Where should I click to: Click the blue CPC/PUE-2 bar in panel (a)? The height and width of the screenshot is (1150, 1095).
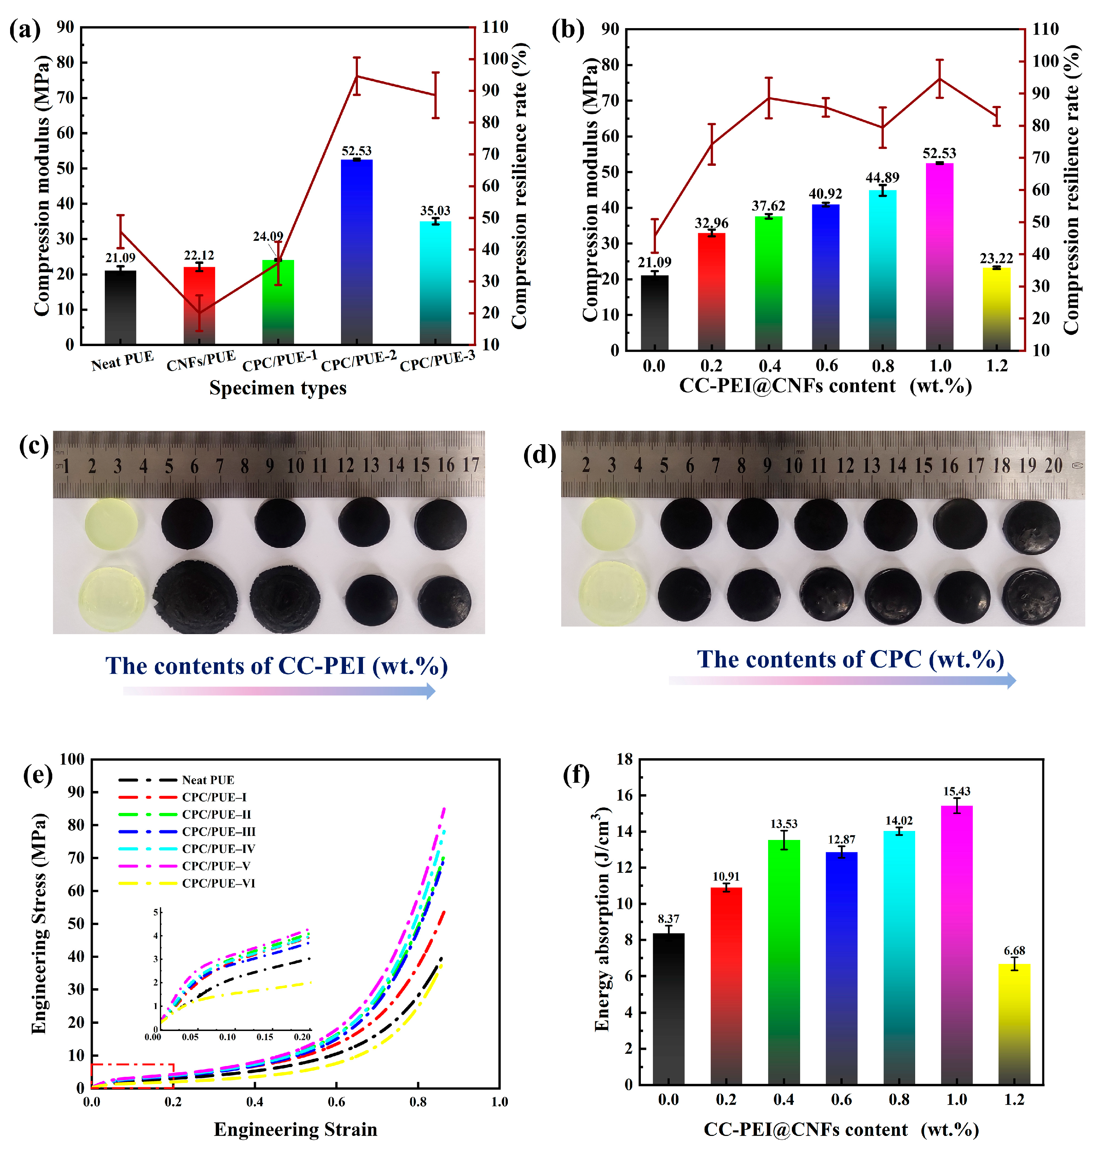tap(356, 251)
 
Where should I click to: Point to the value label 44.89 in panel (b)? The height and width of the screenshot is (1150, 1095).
tap(882, 177)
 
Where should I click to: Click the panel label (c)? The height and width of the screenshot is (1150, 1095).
tap(33, 447)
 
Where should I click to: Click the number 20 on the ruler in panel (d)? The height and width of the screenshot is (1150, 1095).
tap(1053, 465)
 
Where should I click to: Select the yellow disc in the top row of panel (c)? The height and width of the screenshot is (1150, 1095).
tap(111, 524)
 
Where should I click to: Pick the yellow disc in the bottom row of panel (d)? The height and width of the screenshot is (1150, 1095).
tap(612, 594)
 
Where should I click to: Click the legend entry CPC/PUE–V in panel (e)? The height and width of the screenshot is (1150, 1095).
tap(216, 866)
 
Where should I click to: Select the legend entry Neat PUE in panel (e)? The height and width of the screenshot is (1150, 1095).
tap(208, 780)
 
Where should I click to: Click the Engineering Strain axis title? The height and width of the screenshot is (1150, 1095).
tap(295, 1129)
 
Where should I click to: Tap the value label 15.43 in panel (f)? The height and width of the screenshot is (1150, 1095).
tap(956, 791)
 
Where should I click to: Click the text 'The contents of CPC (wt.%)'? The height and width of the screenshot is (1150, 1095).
tap(850, 659)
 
